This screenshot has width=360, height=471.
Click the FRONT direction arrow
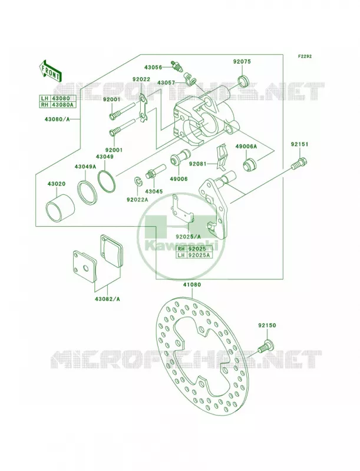(51, 71)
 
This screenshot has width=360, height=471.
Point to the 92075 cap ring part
(243, 81)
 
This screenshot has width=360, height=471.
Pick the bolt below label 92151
(299, 164)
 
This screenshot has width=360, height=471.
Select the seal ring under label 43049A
(87, 191)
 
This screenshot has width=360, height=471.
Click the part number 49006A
(246, 146)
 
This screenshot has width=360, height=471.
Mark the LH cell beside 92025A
(181, 256)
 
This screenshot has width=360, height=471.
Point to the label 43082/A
(107, 299)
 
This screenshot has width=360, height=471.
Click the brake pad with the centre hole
(85, 266)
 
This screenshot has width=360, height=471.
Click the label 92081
(198, 164)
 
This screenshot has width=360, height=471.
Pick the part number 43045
(154, 191)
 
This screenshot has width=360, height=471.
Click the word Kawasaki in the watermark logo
(181, 246)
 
